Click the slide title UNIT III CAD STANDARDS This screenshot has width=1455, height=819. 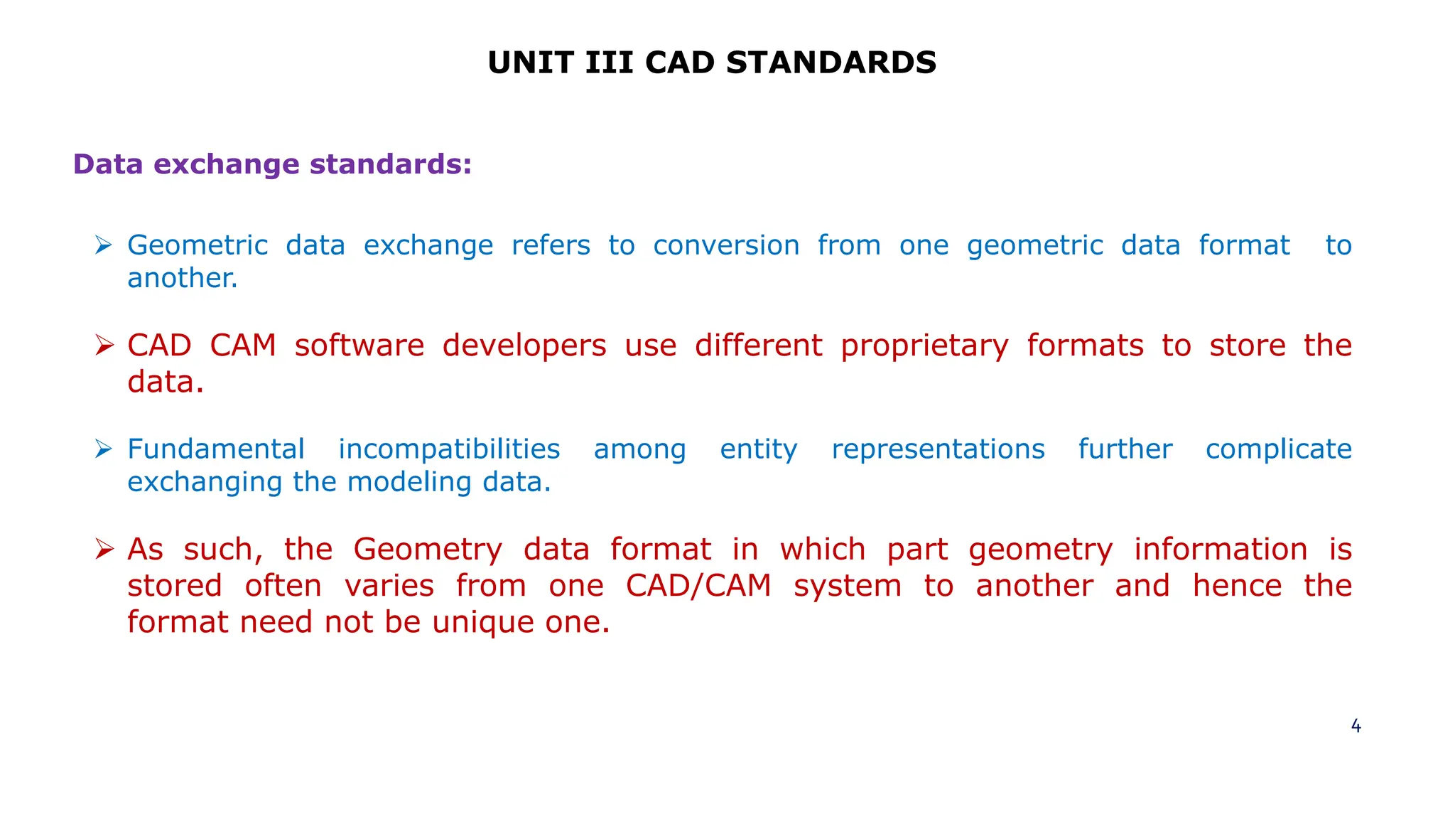(712, 63)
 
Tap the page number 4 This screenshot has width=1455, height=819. (1356, 726)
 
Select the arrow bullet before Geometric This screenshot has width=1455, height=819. (104, 246)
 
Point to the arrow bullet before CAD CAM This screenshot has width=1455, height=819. (104, 346)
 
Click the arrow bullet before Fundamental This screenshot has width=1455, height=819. (104, 449)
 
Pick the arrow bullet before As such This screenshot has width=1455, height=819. (104, 550)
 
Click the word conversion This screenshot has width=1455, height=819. (726, 245)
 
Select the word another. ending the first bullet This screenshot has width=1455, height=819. (182, 278)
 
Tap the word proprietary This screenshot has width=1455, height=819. (924, 346)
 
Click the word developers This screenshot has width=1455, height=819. (524, 346)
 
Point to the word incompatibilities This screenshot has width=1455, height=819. (449, 449)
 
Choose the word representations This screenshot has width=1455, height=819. (938, 449)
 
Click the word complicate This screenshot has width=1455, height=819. (1278, 449)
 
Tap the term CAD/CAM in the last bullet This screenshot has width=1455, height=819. (698, 586)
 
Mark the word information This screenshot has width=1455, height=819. (1220, 550)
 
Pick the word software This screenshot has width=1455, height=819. (359, 346)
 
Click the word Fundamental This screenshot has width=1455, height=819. (216, 449)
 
